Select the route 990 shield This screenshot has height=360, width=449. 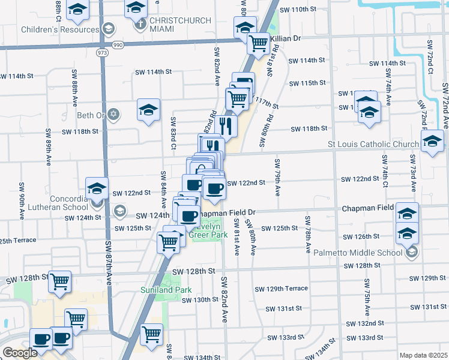point(118,45)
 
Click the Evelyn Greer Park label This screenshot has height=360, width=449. point(206,231)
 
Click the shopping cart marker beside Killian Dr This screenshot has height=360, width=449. point(258,43)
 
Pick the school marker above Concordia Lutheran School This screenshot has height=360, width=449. point(97,188)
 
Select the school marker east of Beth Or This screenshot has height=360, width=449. point(148,110)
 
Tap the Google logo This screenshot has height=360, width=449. point(20,353)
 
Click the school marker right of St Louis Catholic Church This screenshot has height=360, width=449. point(433,142)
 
